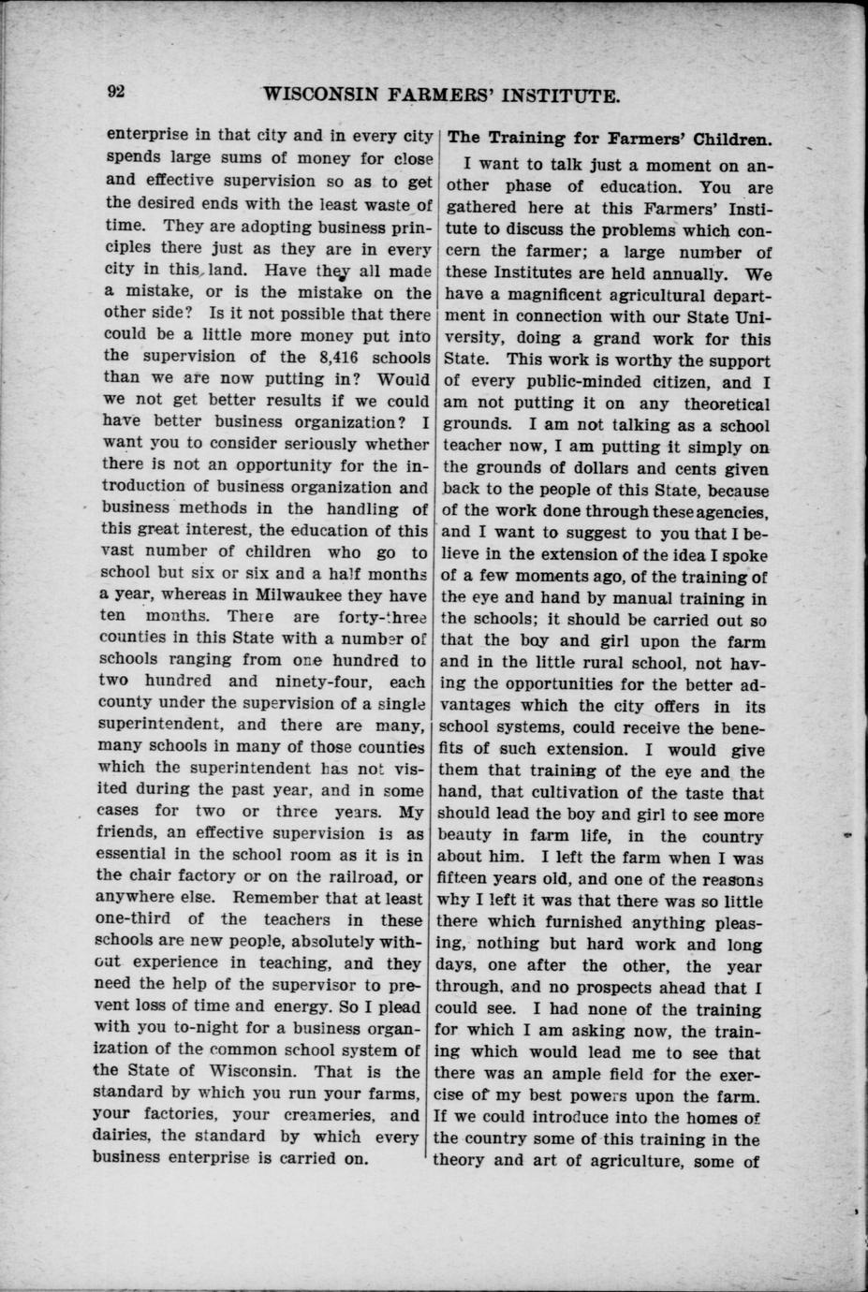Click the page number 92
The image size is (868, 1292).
click(x=116, y=92)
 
